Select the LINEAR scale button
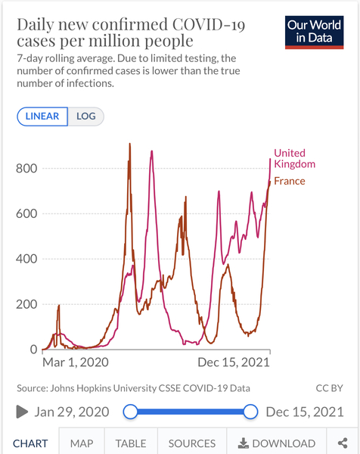[42, 117]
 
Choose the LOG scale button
[86, 117]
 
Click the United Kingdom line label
[294, 158]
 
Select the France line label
[289, 181]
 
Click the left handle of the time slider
[130, 412]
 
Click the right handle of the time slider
[251, 412]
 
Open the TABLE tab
[131, 443]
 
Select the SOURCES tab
[191, 443]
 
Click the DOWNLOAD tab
[277, 443]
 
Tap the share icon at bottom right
[343, 443]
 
